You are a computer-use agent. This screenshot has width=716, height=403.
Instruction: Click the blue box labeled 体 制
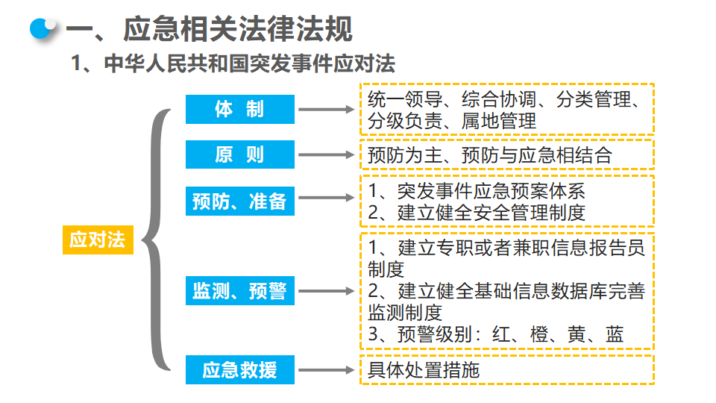click(239, 109)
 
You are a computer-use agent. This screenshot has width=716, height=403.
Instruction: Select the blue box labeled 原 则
click(239, 154)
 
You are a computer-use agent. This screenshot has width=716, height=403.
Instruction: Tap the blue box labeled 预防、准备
click(239, 201)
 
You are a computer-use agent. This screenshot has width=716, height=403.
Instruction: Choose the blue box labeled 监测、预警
click(239, 290)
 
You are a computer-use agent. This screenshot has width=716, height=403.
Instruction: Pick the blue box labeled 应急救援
click(239, 369)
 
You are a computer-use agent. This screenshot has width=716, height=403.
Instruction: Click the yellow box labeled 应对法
click(98, 240)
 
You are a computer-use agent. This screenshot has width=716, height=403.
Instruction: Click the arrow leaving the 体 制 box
click(327, 109)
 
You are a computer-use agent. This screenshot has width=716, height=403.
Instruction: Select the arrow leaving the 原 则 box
click(327, 155)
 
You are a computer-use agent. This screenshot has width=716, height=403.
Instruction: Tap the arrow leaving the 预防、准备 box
click(327, 197)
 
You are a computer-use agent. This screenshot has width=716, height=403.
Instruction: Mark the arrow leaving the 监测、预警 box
click(327, 291)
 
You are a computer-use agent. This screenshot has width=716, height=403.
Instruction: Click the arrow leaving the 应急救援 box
click(327, 370)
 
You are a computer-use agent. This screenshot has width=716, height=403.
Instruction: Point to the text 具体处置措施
click(424, 370)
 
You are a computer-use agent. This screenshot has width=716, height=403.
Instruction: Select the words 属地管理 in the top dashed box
click(499, 121)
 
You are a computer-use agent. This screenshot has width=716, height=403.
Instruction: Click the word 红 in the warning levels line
click(501, 335)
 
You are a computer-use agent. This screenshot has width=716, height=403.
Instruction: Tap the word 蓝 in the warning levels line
click(615, 335)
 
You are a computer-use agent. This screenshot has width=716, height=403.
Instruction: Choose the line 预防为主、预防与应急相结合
click(489, 155)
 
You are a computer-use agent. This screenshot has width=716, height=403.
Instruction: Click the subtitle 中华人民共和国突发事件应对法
click(249, 63)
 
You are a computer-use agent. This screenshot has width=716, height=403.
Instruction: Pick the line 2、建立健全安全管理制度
click(477, 213)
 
